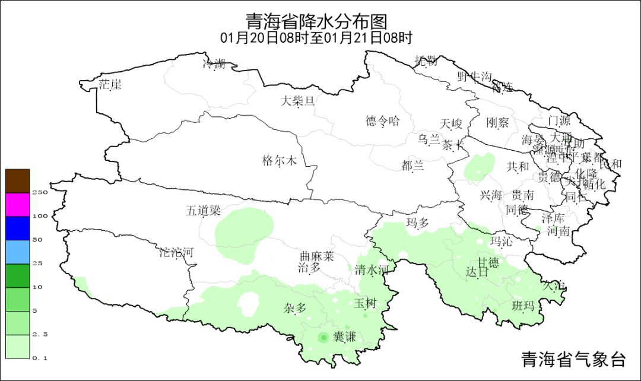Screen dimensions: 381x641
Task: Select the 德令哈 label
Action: click(383, 122)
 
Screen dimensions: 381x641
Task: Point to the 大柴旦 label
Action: click(297, 101)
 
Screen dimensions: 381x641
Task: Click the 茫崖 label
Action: click(110, 85)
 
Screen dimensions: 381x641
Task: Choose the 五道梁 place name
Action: click(203, 211)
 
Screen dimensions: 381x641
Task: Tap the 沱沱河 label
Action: click(176, 252)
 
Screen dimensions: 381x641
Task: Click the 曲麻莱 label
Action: click(316, 256)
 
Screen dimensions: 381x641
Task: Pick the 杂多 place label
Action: click(295, 308)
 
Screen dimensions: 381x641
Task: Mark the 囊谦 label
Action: click(344, 337)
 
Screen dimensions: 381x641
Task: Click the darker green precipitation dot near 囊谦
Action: click(323, 338)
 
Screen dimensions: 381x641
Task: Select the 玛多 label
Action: click(417, 223)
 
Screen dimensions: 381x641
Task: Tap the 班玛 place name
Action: click(523, 306)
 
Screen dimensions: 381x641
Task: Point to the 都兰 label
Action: click(412, 166)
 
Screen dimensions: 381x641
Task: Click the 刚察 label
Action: click(497, 123)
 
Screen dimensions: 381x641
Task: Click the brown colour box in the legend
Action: click(18, 181)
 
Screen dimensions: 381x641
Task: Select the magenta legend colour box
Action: click(18, 205)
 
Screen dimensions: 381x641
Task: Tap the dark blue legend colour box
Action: click(18, 228)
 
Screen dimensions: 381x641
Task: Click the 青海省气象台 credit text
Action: click(573, 359)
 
